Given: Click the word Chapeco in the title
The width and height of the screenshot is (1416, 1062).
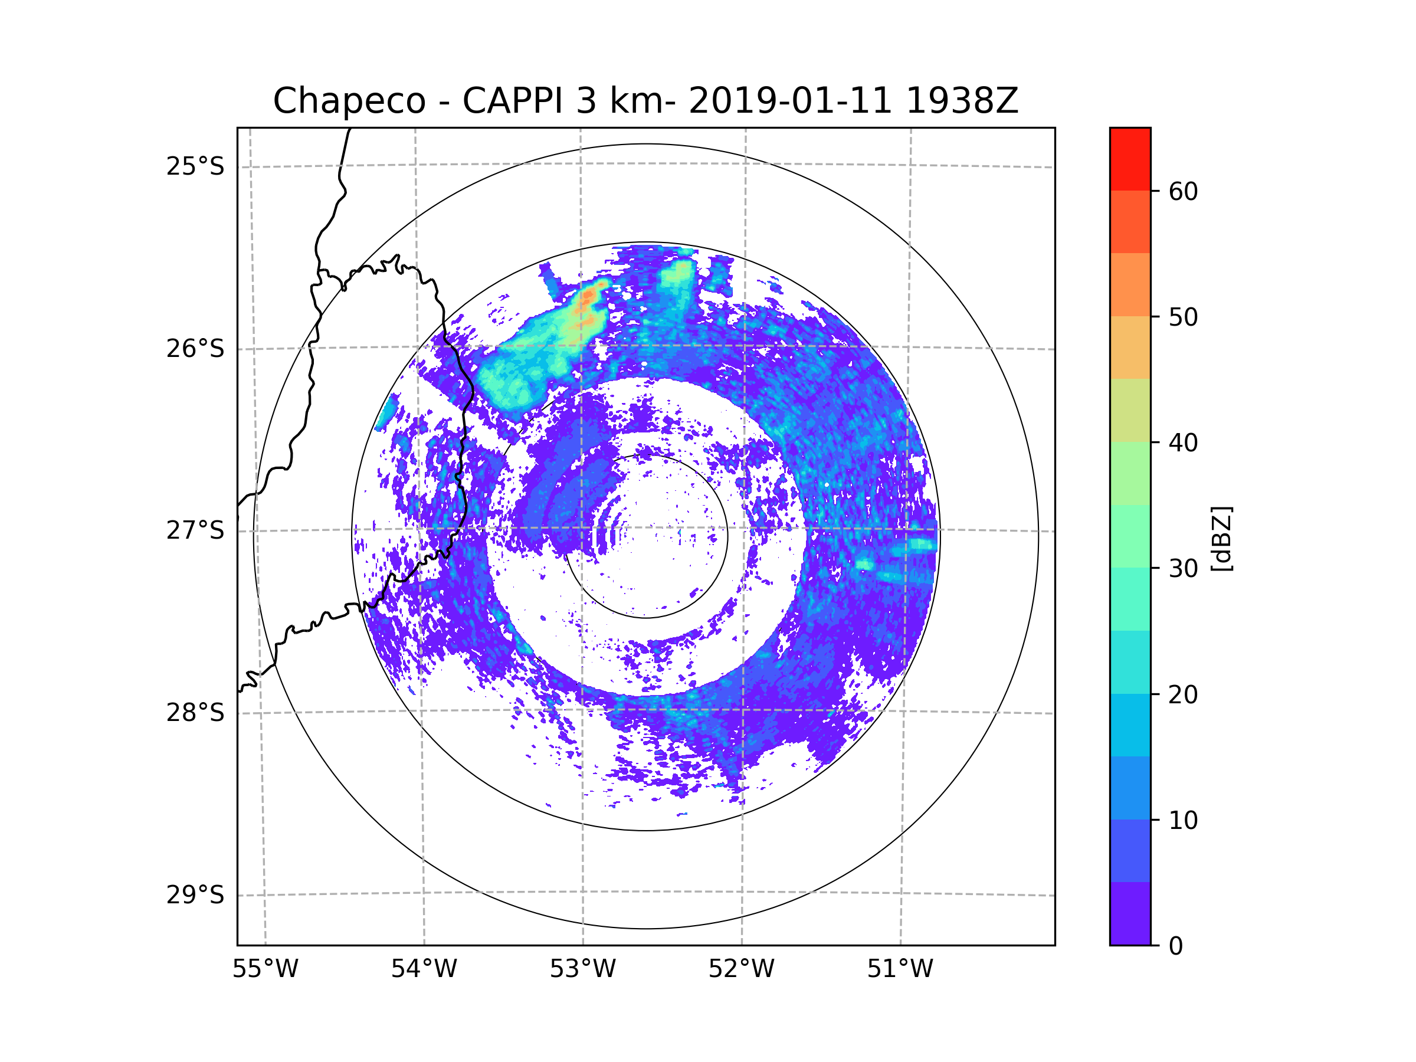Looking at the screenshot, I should [349, 101].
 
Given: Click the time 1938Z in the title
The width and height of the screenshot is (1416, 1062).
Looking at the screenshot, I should [962, 101].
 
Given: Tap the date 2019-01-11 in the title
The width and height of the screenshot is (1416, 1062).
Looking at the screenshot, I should [790, 101].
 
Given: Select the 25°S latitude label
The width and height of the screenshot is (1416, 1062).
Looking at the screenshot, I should [195, 166].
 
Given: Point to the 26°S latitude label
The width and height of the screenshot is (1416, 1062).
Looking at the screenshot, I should [195, 349].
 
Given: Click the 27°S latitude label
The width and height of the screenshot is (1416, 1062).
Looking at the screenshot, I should [195, 530].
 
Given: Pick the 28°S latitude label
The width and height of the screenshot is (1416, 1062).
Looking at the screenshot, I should [195, 713].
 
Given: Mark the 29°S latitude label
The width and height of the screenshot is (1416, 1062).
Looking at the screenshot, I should [195, 895].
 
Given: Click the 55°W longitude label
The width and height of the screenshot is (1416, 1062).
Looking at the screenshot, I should [265, 969].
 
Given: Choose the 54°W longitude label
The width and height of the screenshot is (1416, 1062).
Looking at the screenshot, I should [424, 969].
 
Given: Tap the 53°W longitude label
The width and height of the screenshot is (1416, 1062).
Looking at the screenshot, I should [582, 969].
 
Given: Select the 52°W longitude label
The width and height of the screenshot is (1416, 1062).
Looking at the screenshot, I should [741, 969].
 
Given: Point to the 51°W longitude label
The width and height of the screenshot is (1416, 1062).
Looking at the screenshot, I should [900, 969].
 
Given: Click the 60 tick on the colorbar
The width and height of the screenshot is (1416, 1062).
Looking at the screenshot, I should [1183, 191].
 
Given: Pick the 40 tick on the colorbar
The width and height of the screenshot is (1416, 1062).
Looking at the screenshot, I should [1183, 443].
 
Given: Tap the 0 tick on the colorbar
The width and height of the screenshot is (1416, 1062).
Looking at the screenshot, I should [1176, 946].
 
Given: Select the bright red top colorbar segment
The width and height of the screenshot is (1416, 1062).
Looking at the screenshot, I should [1130, 159].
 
